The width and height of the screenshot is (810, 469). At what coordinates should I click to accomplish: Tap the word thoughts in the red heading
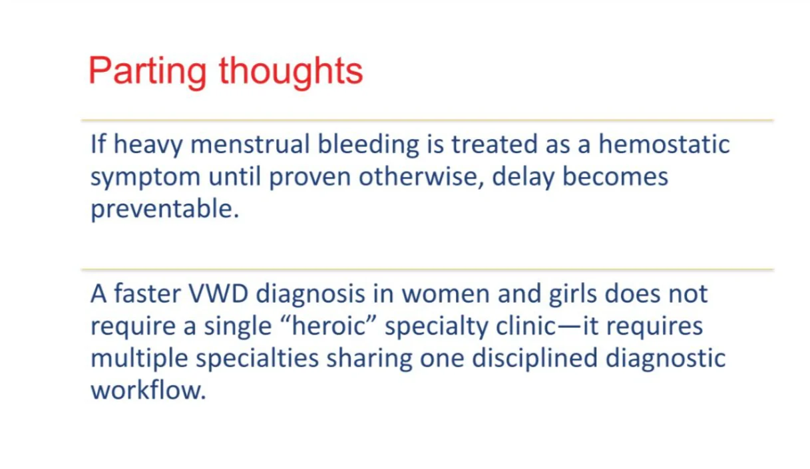291,71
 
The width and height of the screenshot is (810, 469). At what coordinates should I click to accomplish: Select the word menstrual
250,144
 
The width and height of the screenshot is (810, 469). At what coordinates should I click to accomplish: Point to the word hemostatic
664,144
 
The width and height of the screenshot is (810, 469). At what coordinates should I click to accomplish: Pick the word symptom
145,178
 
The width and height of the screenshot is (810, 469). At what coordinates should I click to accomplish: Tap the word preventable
164,210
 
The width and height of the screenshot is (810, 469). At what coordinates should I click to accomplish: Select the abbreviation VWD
218,293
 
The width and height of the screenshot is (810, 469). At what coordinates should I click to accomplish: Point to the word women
445,295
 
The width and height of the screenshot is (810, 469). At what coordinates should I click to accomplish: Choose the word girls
572,295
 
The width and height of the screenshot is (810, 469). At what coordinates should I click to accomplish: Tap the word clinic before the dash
525,325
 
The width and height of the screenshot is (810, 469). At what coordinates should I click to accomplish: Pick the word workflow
148,391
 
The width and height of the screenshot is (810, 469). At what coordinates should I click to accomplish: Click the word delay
523,178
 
